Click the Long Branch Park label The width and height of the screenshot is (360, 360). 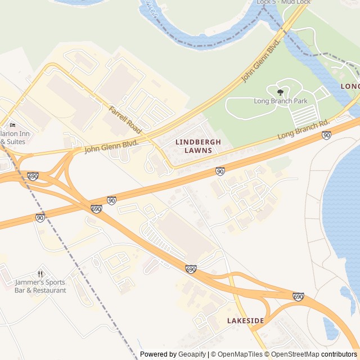[x=280, y=101]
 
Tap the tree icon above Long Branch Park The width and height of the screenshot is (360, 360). [x=280, y=92]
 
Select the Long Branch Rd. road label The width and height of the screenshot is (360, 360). [x=303, y=130]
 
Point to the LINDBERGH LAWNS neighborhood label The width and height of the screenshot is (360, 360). [x=198, y=146]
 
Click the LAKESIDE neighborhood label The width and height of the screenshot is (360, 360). [x=245, y=321]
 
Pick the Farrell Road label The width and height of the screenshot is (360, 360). [x=125, y=116]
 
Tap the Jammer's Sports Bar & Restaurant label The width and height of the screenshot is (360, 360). [x=40, y=286]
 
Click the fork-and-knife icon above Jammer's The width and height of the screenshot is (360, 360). [x=40, y=273]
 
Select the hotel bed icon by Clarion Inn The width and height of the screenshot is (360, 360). [x=12, y=125]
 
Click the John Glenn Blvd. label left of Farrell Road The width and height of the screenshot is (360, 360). [x=111, y=146]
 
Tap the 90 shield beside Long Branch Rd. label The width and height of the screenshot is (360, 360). [x=326, y=135]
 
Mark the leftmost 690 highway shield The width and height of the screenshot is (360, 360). [x=33, y=177]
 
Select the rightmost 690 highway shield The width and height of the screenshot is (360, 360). [x=298, y=296]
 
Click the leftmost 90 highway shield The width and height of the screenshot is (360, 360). [x=40, y=218]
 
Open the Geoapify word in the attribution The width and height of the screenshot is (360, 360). [x=192, y=354]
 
